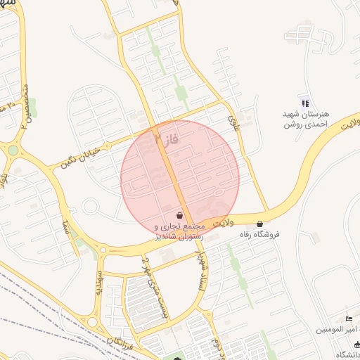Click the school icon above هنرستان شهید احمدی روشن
click(304, 104)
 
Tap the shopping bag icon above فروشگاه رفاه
click(260, 224)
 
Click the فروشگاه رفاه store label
click(260, 233)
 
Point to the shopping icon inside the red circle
click(180, 215)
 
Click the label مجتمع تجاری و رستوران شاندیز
click(179, 232)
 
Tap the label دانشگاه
click(347, 354)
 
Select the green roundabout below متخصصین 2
click(13, 149)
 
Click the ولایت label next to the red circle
click(223, 222)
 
